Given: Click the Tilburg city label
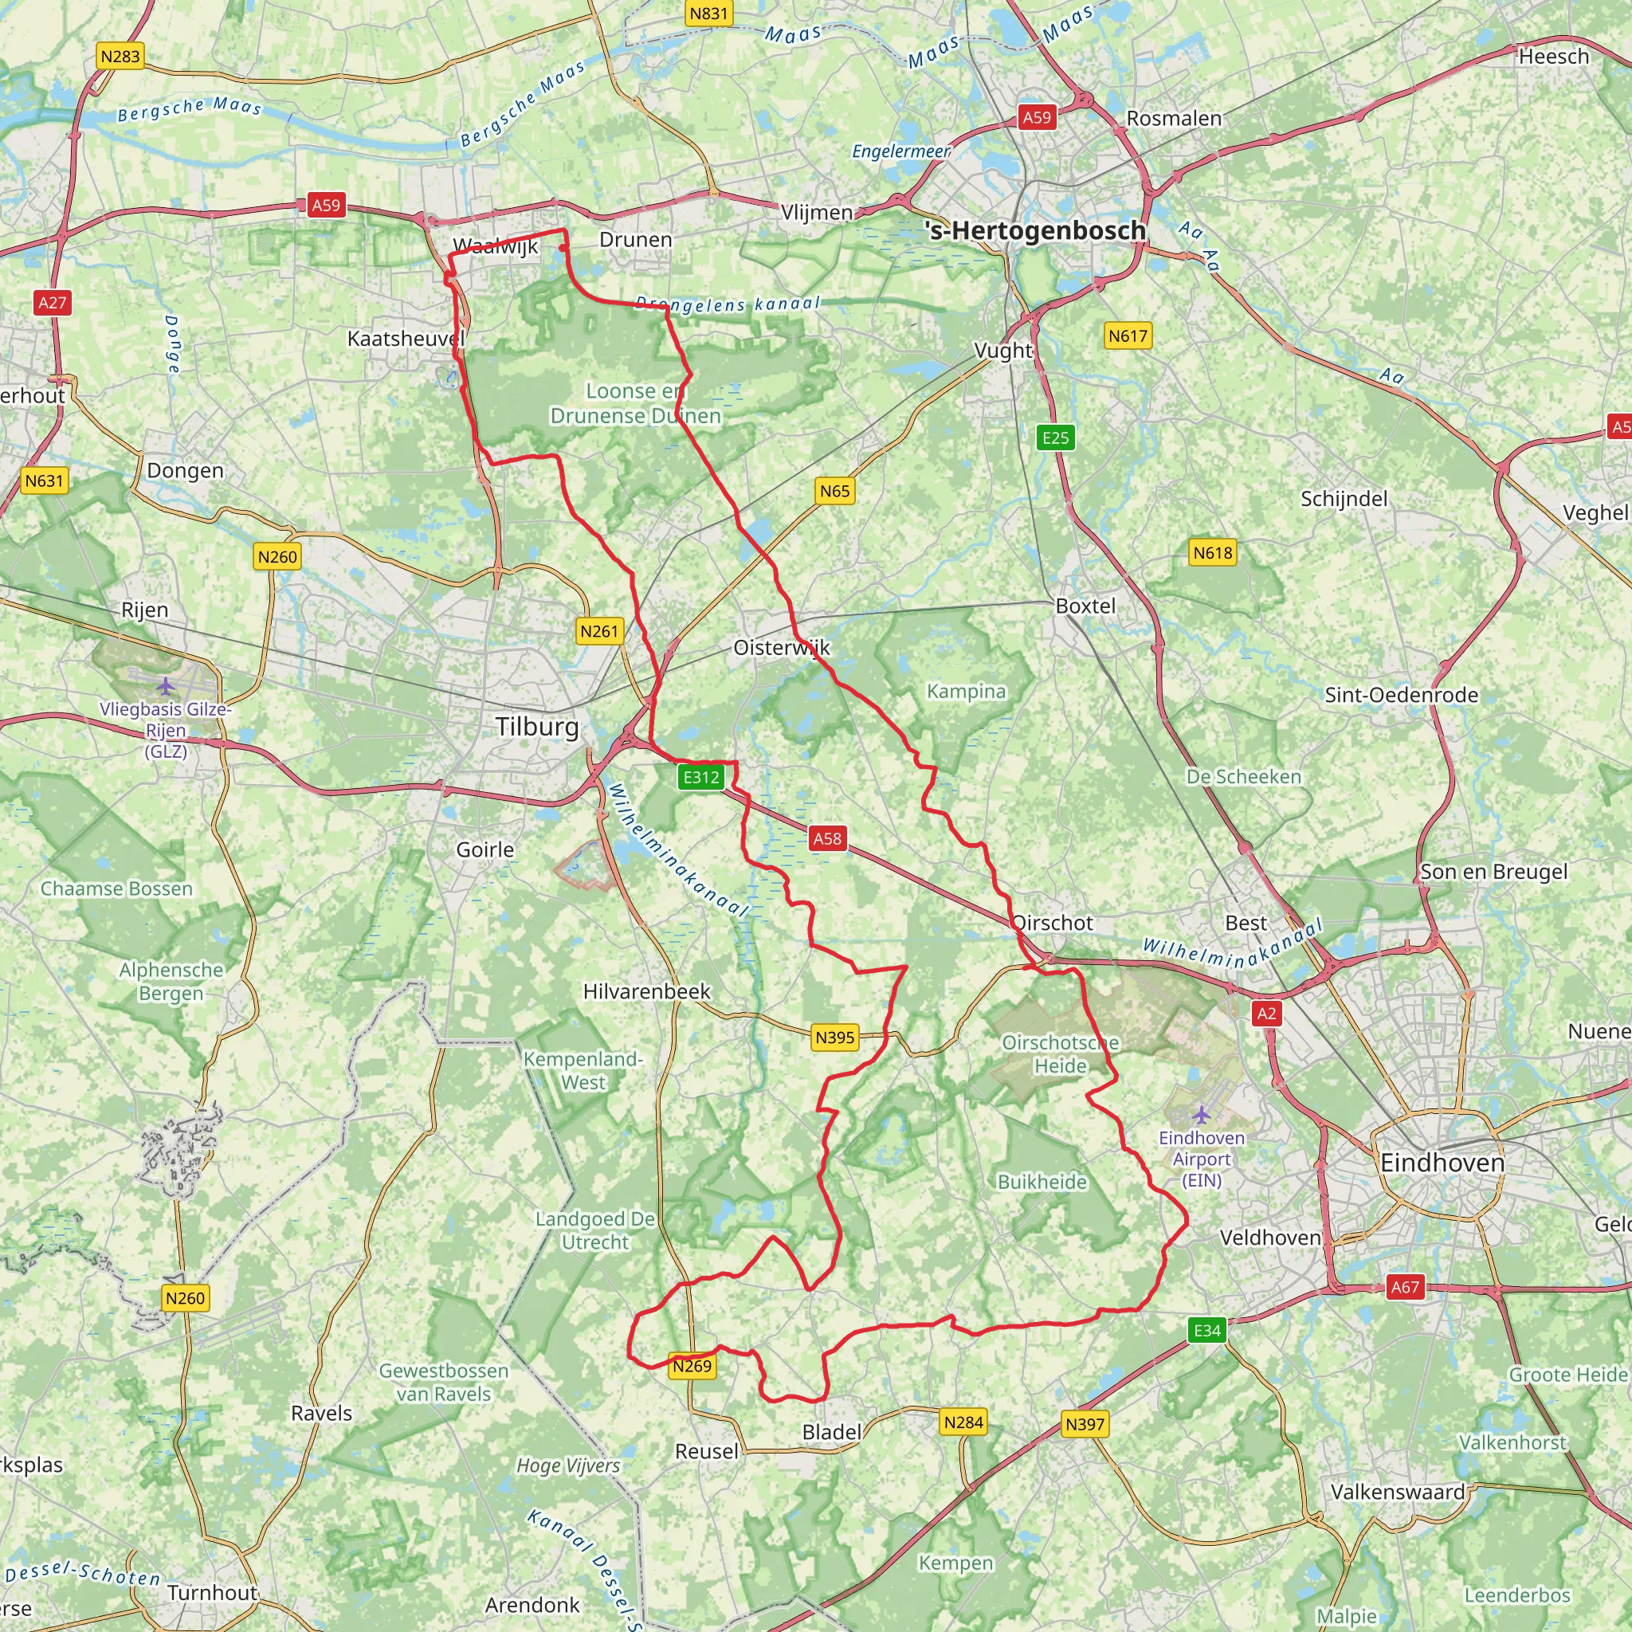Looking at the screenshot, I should tap(537, 727).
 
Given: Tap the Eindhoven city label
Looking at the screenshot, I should tap(1442, 1163).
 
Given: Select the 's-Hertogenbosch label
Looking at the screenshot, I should tap(1036, 229).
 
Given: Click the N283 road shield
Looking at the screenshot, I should tap(120, 57).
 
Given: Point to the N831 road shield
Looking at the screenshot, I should tap(708, 14).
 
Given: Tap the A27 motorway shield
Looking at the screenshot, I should tap(52, 302).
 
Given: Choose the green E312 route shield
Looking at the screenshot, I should tap(701, 776).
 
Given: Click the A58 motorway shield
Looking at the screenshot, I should tap(827, 838).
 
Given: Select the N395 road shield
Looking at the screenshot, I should tap(834, 1038).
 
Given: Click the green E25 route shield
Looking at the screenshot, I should tap(1055, 437).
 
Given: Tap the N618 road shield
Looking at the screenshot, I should tap(1212, 552).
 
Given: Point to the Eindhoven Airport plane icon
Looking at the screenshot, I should tap(1201, 1115).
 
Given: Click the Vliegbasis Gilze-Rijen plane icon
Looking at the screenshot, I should tap(166, 685).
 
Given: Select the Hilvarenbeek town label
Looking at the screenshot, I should tap(646, 991).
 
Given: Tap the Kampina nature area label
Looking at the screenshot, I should tap(967, 691).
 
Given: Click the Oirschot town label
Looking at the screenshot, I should tap(1053, 923).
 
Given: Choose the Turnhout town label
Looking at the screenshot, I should tap(212, 1592).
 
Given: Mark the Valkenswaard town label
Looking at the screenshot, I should tap(1398, 1491).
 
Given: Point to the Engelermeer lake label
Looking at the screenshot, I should tap(900, 151).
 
